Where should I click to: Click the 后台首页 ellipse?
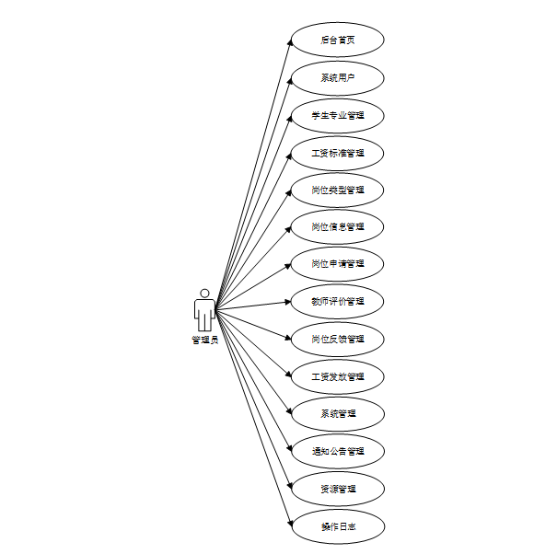coord(337,40)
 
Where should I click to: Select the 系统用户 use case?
coord(337,78)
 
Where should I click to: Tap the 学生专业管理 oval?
coord(337,116)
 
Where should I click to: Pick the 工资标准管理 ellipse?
coord(337,153)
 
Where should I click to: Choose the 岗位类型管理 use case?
coord(337,190)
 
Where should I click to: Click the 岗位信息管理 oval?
coord(337,226)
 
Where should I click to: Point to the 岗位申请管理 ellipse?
coord(337,264)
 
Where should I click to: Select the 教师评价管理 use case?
coord(337,302)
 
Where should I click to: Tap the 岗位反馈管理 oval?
coord(337,340)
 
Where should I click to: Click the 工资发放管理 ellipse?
coord(337,377)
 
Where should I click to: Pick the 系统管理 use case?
coord(337,414)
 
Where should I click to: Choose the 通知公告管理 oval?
coord(337,452)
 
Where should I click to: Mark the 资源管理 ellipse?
coord(337,489)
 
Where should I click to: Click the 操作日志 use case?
coord(337,527)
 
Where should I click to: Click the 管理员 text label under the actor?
coord(204,340)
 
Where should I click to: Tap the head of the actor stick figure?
coord(204,294)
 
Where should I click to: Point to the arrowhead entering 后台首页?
coord(288,43)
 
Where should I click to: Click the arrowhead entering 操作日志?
coord(288,525)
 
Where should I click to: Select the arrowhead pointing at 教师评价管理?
coord(287,302)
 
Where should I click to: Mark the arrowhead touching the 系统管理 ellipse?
coord(288,412)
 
